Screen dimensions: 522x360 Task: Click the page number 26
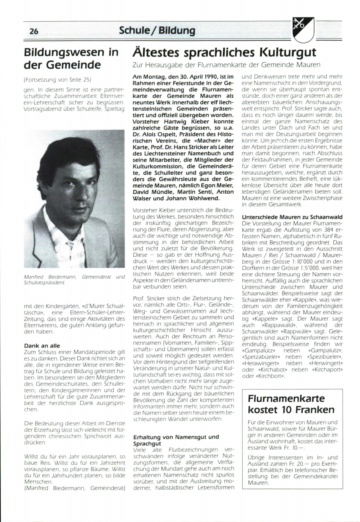coord(34,31)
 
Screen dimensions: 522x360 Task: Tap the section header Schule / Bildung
coord(157,30)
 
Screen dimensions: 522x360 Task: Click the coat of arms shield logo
coord(303,29)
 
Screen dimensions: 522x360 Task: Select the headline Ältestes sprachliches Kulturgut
coord(224,52)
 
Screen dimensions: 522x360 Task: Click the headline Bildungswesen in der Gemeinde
coord(71,58)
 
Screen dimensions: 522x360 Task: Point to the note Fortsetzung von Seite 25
coord(57,80)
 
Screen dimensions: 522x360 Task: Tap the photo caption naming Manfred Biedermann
coord(74,280)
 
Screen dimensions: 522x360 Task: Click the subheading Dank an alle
coord(42,346)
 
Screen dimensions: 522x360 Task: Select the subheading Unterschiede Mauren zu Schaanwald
coord(292,217)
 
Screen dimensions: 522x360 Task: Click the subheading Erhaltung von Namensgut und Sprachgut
coord(176,440)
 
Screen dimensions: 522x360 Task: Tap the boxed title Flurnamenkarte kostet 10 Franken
coord(291,404)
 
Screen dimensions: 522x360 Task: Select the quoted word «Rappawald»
coord(276,325)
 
